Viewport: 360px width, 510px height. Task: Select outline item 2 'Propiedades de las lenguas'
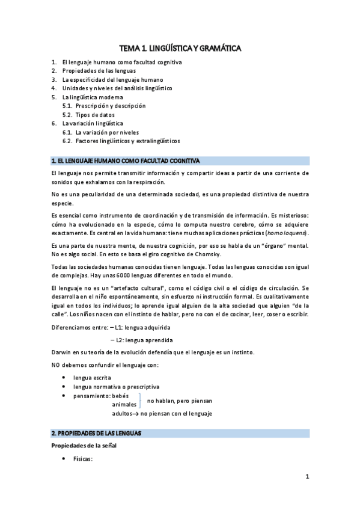pyautogui.click(x=94, y=71)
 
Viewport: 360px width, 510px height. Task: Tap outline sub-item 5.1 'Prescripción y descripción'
pyautogui.click(x=111, y=106)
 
